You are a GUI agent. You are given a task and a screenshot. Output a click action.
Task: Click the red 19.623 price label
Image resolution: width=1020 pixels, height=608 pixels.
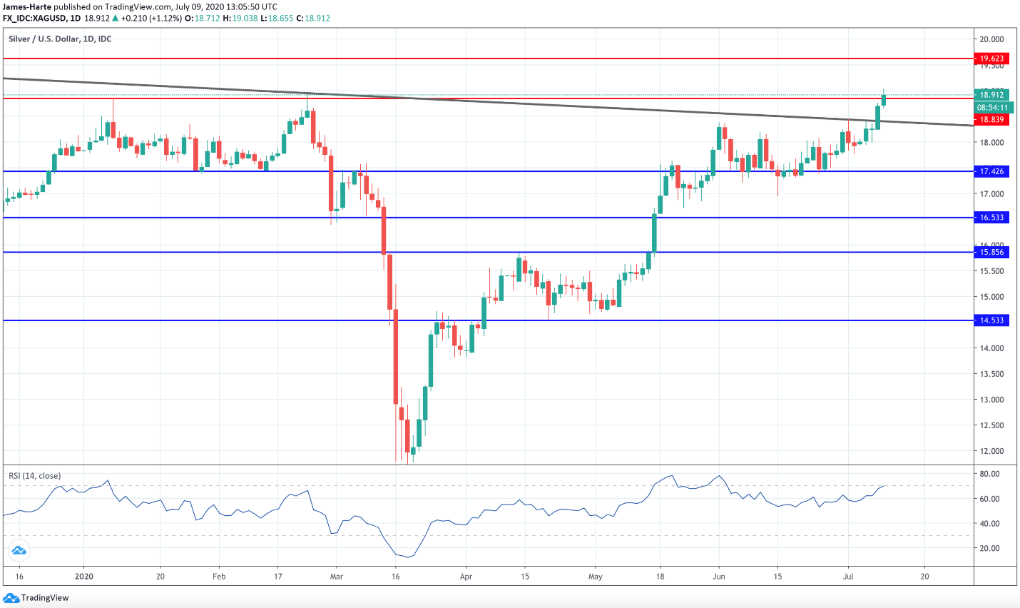tap(991, 59)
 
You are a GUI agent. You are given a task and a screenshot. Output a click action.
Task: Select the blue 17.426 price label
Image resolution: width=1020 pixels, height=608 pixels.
tap(991, 171)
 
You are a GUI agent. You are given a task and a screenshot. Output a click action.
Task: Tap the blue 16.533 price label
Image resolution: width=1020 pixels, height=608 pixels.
tap(991, 218)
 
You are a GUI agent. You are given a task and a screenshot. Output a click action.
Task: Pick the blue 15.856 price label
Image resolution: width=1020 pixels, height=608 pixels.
tap(991, 252)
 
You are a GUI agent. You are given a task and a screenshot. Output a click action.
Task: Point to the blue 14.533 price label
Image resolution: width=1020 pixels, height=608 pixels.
tap(991, 320)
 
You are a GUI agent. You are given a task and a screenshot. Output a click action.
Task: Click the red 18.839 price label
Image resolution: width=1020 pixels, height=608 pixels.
tap(991, 120)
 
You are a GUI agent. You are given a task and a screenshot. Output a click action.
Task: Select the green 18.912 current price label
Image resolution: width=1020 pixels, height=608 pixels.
tap(991, 95)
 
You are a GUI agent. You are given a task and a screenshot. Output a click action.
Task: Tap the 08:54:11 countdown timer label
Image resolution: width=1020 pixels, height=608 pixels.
tap(993, 108)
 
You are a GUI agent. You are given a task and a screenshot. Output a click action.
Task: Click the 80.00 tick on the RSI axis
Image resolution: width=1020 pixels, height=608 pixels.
tap(989, 474)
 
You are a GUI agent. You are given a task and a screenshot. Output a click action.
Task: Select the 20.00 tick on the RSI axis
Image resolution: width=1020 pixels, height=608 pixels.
tap(989, 548)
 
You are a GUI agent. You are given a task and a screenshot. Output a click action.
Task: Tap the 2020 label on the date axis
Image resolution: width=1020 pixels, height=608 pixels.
tap(84, 577)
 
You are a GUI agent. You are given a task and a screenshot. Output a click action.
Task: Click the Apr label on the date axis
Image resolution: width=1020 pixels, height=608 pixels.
tap(466, 577)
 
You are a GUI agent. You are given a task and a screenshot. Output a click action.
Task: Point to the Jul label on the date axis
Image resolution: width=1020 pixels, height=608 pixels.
tap(849, 577)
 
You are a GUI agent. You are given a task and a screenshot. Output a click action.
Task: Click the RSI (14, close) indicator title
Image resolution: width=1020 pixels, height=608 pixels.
tap(34, 476)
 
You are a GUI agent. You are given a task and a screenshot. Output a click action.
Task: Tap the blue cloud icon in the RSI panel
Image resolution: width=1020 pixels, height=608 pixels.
tap(19, 550)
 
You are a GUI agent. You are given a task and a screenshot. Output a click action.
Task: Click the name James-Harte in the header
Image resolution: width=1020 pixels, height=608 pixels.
tap(27, 6)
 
